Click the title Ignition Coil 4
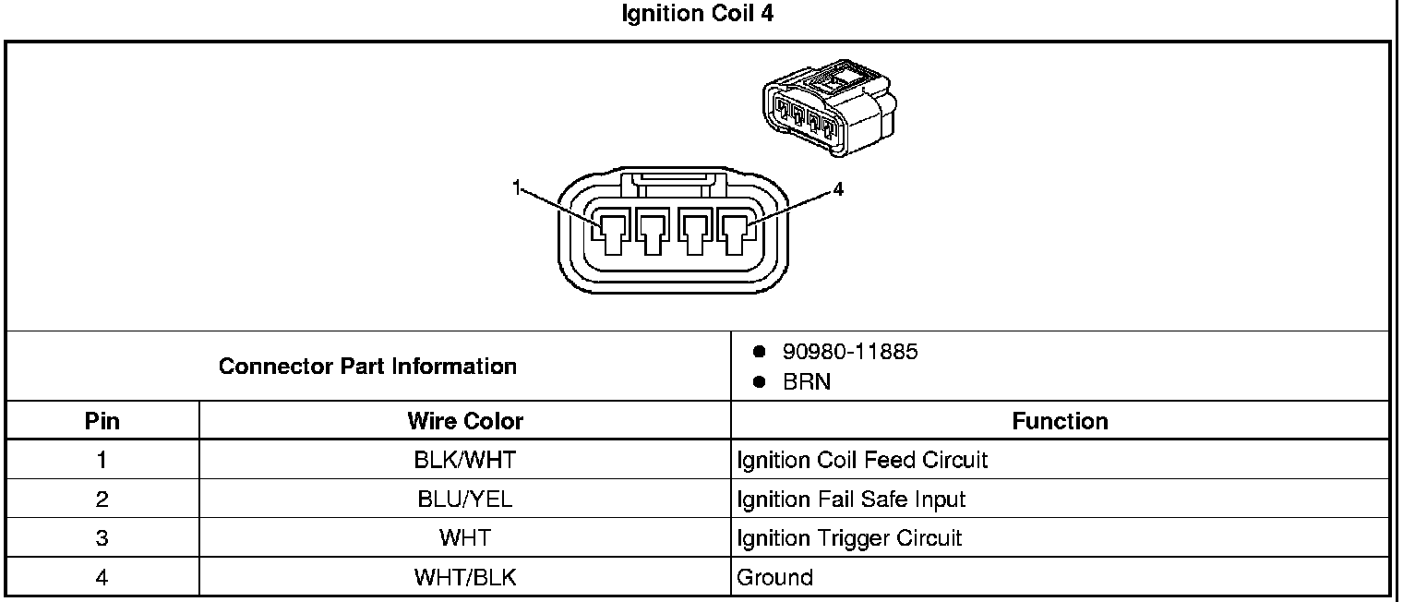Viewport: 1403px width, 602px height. (698, 16)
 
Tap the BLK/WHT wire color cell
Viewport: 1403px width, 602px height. (464, 460)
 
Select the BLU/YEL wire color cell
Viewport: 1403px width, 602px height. (464, 500)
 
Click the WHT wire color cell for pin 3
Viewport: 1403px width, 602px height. (464, 538)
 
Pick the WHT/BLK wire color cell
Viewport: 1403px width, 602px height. (464, 578)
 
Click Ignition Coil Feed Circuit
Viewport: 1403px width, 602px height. (862, 460)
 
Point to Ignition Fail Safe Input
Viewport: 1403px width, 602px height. (851, 500)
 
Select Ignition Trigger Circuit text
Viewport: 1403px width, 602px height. (849, 538)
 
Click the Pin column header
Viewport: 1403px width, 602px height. (102, 422)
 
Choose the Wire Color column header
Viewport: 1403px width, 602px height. (464, 422)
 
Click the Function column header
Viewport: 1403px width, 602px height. (1060, 422)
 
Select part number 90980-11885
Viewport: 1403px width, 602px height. (850, 352)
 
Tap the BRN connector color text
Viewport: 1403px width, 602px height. (807, 382)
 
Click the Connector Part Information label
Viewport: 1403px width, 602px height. (367, 367)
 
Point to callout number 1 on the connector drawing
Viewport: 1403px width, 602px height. (517, 189)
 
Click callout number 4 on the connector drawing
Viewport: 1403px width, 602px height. (837, 189)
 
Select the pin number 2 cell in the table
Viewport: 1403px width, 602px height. (102, 500)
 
